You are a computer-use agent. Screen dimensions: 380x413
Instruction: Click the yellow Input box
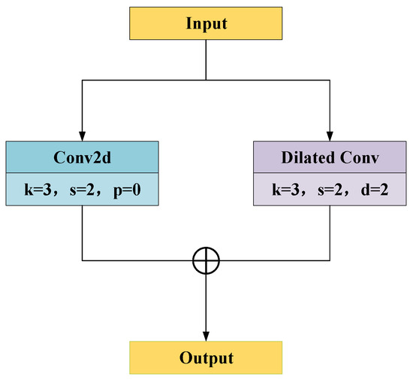click(x=206, y=24)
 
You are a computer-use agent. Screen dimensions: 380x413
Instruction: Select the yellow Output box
click(x=206, y=357)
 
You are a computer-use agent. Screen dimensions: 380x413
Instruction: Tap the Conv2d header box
click(x=82, y=159)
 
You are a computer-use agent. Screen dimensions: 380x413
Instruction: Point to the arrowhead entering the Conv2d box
click(x=82, y=135)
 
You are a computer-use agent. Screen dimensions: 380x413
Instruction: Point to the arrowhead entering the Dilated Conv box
click(x=330, y=135)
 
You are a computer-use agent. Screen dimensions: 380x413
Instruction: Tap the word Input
click(x=206, y=24)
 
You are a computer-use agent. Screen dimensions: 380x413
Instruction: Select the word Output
click(x=206, y=357)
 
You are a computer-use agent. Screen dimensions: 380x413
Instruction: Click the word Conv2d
click(x=82, y=159)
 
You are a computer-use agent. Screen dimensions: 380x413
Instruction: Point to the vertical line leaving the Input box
click(x=206, y=60)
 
